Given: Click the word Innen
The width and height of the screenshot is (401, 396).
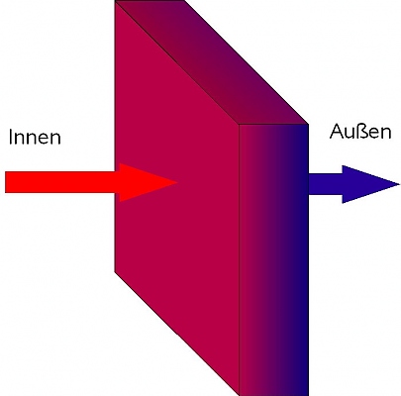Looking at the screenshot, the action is [35, 137].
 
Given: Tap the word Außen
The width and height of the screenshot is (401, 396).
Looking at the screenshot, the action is [360, 132].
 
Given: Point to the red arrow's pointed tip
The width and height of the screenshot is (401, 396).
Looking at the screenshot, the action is [177, 182].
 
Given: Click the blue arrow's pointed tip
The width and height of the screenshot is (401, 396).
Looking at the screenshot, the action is [399, 184].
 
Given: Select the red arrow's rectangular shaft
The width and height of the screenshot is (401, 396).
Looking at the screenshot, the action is [62, 182].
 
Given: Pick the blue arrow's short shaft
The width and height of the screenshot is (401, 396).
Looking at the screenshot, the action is [326, 184].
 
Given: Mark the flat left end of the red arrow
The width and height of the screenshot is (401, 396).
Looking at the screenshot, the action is [6, 182].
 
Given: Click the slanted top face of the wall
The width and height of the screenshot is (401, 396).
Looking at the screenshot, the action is [211, 62].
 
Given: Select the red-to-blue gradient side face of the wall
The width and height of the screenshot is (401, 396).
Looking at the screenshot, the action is [273, 259].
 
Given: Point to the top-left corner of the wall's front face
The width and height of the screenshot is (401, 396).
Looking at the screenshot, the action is [115, 2].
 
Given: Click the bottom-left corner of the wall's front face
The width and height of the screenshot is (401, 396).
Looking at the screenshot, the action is [115, 272].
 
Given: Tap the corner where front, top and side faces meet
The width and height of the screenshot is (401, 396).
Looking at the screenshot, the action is [239, 125].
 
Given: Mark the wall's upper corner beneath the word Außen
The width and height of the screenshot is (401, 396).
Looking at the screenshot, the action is [308, 124].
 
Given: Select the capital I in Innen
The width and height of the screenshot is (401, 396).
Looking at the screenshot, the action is [11, 137].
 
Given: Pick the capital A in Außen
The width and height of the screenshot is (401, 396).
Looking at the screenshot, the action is [336, 132].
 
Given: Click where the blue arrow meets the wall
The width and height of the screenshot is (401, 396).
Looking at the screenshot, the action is [309, 184].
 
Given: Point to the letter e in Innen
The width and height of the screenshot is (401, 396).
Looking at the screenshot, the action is [44, 139].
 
